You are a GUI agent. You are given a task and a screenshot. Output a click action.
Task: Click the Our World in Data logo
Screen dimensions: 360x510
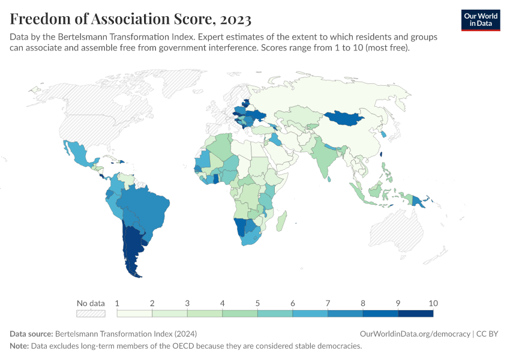481,20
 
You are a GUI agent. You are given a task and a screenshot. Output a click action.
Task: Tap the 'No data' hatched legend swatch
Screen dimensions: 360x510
91,313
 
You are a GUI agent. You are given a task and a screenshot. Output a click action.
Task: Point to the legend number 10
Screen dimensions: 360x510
433,303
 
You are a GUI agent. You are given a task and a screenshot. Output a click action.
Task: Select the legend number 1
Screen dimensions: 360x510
117,303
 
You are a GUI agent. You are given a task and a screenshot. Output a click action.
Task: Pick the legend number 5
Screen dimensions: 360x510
257,303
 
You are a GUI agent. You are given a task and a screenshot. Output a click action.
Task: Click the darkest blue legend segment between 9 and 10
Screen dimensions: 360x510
415,313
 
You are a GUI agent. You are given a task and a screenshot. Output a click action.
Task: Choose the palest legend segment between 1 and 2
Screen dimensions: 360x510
134,313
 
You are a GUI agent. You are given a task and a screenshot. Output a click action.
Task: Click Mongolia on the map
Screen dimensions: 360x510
348,118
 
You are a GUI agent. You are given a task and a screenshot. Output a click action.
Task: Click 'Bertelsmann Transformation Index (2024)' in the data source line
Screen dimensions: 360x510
125,334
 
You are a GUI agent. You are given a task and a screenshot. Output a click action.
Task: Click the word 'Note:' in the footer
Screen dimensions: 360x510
20,346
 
